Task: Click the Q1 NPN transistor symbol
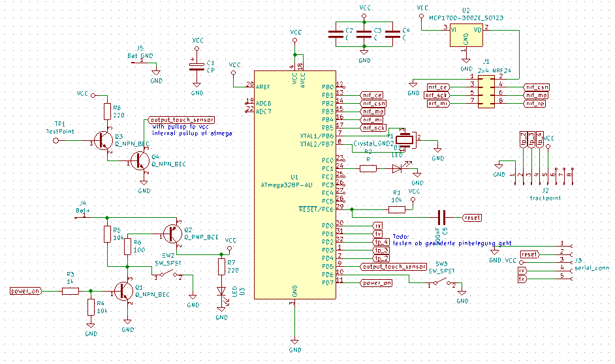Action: [123, 292]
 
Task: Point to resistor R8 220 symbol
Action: [107, 111]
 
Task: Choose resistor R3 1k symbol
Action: [71, 292]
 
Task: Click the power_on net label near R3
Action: [26, 292]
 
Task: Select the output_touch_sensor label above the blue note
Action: [182, 120]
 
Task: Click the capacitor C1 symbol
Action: [194, 67]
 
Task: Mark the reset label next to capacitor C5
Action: [472, 217]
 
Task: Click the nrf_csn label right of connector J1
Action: [537, 87]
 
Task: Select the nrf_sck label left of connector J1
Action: [437, 95]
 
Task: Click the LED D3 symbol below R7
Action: [221, 292]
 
